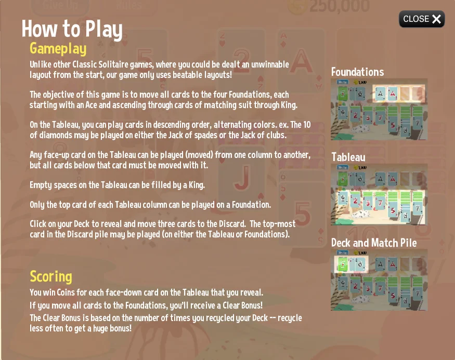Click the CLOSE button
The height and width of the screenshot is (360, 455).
click(422, 19)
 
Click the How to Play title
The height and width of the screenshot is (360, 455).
click(72, 29)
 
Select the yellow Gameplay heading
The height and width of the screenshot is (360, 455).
click(58, 49)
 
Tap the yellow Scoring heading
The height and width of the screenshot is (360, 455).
click(51, 276)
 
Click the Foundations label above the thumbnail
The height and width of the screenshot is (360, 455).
click(358, 72)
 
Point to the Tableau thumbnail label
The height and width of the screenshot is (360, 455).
click(348, 157)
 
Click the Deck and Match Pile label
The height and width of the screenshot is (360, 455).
click(374, 243)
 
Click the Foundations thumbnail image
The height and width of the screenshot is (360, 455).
click(379, 109)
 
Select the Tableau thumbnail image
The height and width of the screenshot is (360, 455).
click(379, 194)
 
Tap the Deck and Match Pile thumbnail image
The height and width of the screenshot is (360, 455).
click(379, 279)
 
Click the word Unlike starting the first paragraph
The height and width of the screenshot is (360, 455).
click(39, 64)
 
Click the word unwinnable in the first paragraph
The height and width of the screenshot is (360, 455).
click(270, 64)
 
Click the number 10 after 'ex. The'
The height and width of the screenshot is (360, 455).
click(307, 125)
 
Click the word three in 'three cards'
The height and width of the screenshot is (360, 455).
click(146, 224)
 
